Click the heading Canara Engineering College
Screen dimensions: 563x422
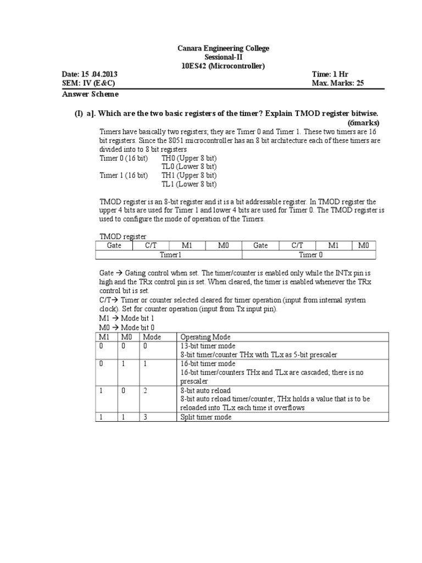(223, 49)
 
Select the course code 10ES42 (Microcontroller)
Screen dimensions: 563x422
(223, 66)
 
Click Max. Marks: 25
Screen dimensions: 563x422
(337, 84)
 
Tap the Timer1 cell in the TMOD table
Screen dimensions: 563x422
(170, 255)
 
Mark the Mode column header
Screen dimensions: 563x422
(152, 337)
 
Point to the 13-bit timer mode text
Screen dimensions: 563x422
(208, 346)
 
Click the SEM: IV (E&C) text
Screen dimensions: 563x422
(89, 84)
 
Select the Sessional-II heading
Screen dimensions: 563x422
(223, 57)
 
